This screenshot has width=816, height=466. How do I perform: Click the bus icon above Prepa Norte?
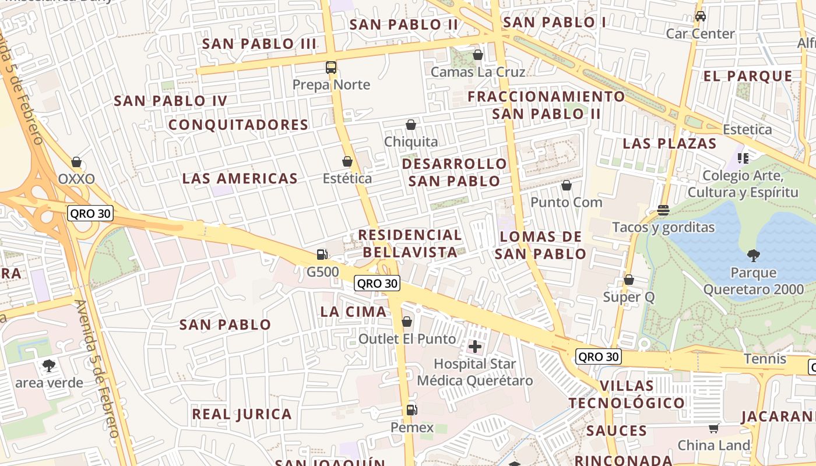coord(331,68)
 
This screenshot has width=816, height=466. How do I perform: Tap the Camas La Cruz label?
coord(478,72)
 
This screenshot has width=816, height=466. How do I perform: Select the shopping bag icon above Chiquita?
coord(411,125)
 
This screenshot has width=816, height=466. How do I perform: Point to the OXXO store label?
coord(76,179)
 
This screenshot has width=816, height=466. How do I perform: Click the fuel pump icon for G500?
coord(322,255)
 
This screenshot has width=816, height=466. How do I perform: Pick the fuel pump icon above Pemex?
coord(411,410)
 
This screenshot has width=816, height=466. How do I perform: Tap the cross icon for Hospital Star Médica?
coord(475,347)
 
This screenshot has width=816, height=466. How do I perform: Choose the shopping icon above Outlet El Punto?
coord(407,322)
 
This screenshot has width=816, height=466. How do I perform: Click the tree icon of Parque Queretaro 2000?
coord(754,255)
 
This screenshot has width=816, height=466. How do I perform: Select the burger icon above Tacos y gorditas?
coord(663,210)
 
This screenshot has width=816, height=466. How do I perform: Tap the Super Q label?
coord(629,297)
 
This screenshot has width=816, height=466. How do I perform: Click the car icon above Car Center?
coord(701,16)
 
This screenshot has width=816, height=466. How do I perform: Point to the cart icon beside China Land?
coord(714,429)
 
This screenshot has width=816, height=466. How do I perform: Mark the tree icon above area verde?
coord(49,366)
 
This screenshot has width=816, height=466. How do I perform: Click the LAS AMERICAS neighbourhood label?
coord(240,179)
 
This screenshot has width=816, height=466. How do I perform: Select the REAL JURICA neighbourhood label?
coord(242,415)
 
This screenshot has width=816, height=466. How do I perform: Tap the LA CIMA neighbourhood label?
coord(354,312)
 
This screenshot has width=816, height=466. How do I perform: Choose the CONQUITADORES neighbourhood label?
coord(238,125)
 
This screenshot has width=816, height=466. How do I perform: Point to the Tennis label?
coord(765,359)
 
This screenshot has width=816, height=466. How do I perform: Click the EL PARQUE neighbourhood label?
coord(748,76)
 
